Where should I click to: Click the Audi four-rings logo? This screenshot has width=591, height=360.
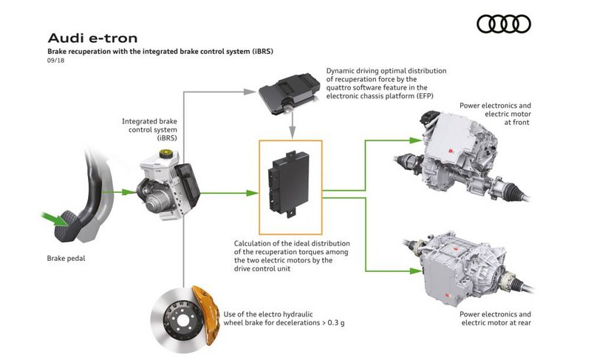pyautogui.click(x=504, y=24)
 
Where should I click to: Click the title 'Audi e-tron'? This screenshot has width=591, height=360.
pyautogui.click(x=93, y=38)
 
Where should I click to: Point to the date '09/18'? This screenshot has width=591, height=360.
pyautogui.click(x=56, y=61)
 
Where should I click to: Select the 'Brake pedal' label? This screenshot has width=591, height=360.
pyautogui.click(x=66, y=258)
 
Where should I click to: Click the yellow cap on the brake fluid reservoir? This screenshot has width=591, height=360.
pyautogui.click(x=165, y=154)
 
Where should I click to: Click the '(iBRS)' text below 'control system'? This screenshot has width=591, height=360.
pyautogui.click(x=167, y=138)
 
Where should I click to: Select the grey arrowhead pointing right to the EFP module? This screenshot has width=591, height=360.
pyautogui.click(x=250, y=92)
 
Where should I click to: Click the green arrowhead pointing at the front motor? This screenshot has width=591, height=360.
pyautogui.click(x=415, y=140)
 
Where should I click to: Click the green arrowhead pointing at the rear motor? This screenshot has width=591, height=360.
pyautogui.click(x=415, y=271)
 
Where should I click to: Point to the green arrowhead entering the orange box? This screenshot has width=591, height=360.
pyautogui.click(x=252, y=193)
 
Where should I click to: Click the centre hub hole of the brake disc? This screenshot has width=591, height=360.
pyautogui.click(x=182, y=321)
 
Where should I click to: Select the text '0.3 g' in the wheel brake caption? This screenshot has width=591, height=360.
pyautogui.click(x=336, y=323)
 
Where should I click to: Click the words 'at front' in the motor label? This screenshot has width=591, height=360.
pyautogui.click(x=516, y=123)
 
